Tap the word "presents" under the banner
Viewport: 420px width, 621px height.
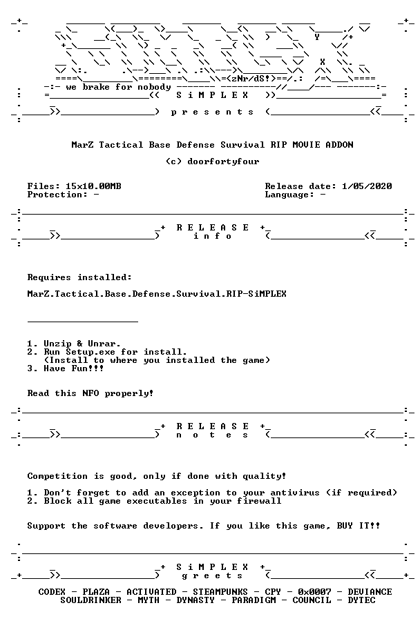point(212,112)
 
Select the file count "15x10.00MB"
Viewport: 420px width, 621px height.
point(93,186)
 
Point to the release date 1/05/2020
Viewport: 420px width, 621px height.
point(367,186)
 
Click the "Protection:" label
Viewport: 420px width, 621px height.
point(57,195)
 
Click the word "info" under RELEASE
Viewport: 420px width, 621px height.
point(212,236)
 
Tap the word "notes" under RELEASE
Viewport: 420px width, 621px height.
point(212,435)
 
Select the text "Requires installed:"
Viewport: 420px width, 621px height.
point(79,277)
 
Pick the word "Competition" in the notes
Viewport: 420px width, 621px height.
point(57,476)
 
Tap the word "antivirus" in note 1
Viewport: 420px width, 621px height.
point(295,493)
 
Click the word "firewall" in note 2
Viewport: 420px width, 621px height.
point(259,501)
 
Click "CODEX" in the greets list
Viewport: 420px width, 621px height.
point(52,592)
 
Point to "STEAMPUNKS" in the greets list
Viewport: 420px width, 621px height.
point(220,592)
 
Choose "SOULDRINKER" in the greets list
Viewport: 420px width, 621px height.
point(90,600)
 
